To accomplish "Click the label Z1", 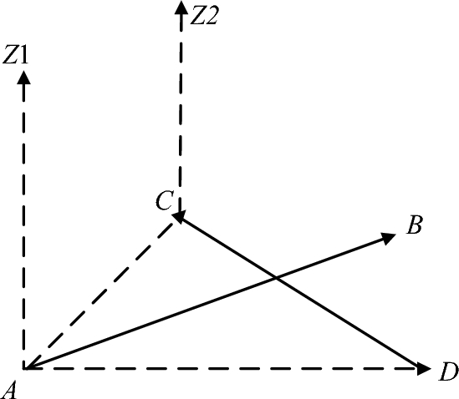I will click(x=18, y=56).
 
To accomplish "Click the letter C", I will click(x=164, y=200).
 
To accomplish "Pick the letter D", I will click(x=447, y=371).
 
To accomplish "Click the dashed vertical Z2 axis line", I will click(x=180, y=109).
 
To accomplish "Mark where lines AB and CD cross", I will click(x=277, y=277).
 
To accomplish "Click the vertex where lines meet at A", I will click(x=25, y=367).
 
